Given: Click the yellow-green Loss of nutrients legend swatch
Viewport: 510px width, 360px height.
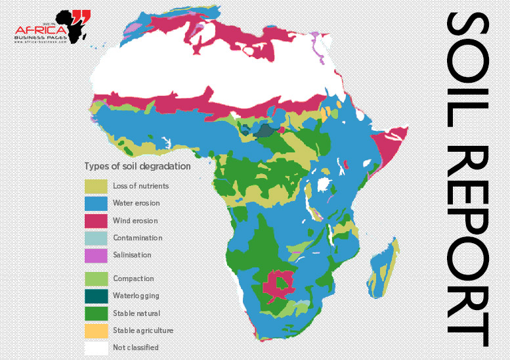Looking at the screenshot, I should [96, 187].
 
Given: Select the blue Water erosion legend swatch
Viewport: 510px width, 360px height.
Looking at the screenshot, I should [96, 204].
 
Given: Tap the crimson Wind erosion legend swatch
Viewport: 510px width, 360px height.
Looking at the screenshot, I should [96, 221].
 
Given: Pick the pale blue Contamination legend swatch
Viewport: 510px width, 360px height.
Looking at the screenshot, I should [96, 238].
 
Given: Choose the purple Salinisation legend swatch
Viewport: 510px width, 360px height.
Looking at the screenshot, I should [96, 255].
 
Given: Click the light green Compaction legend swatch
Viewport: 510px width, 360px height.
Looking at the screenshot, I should [96, 279].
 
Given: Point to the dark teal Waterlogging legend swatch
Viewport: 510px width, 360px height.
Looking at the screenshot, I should [96, 296].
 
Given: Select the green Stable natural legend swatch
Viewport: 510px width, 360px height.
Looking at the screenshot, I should [96, 313].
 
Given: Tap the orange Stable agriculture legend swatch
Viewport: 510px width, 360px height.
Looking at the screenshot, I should [96, 330].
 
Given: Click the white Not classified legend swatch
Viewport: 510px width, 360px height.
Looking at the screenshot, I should [96, 347].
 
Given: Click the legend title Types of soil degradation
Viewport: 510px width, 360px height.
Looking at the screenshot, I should [137, 166].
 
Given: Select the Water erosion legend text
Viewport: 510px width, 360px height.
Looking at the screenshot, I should [136, 204].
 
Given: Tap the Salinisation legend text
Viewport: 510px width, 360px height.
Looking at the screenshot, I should [132, 255].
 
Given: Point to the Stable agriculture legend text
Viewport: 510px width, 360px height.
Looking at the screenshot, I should [143, 330].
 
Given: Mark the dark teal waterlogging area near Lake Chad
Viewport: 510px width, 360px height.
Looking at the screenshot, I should [263, 131].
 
